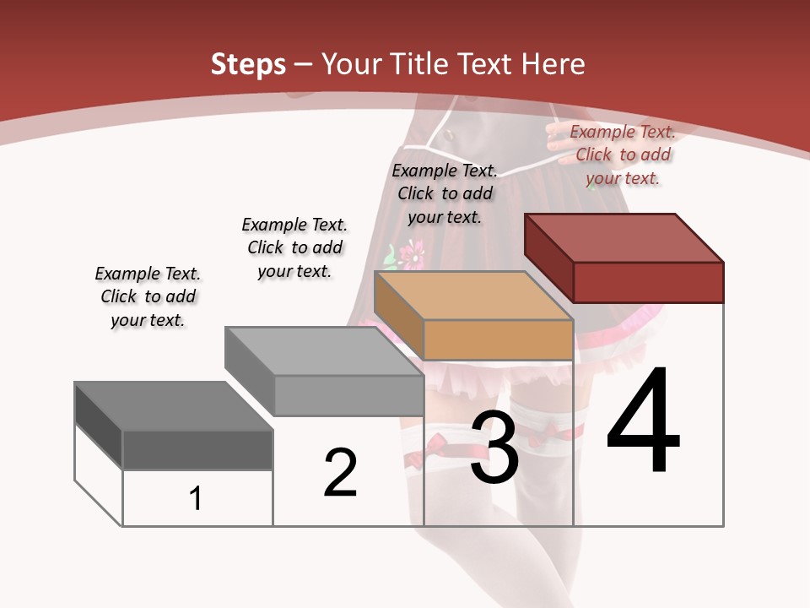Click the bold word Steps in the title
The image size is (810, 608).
point(248,65)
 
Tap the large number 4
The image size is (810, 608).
point(643,421)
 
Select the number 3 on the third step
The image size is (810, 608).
point(494,448)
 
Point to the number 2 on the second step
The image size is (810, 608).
point(341,473)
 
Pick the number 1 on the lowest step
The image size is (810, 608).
point(196,499)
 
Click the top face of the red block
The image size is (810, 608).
point(624,238)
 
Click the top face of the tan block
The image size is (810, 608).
point(472,296)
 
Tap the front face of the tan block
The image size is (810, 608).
point(498,339)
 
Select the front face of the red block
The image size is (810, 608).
point(648,282)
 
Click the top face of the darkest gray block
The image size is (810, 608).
point(173,406)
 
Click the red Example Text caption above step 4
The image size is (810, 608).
point(623,155)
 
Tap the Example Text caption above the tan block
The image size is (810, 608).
point(445,193)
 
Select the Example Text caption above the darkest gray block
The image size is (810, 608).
point(148,296)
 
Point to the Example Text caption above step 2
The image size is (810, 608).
point(294,247)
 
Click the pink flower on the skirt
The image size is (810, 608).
point(411,252)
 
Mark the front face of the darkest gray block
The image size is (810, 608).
point(197,449)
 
